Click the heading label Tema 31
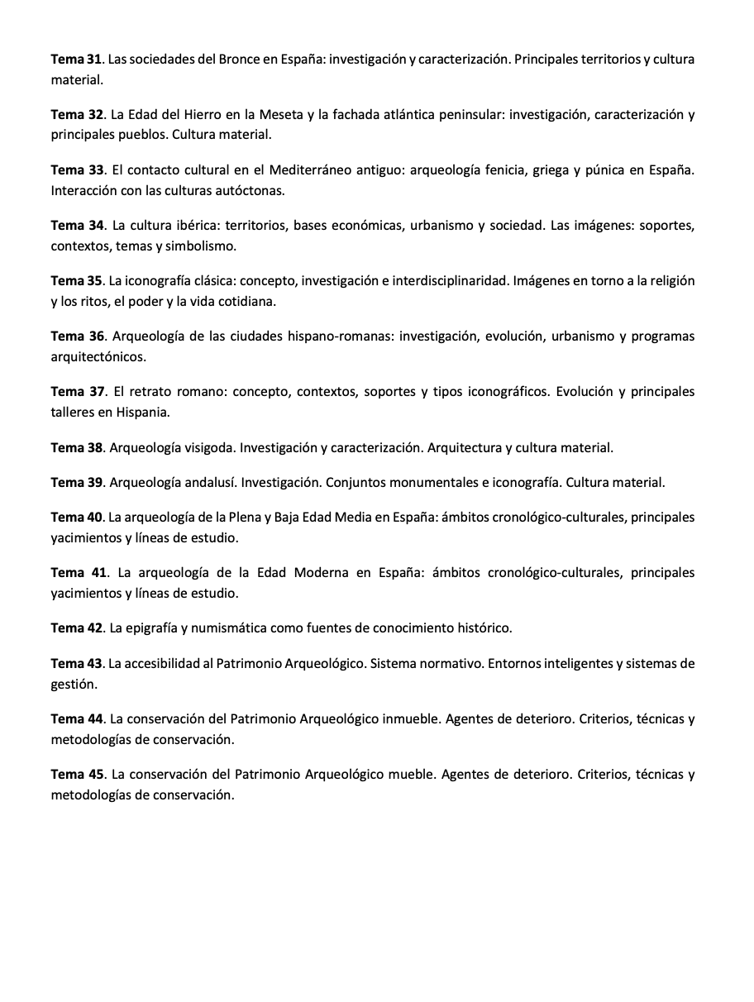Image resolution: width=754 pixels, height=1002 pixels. tap(75, 60)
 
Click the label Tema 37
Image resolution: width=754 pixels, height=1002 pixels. tap(76, 392)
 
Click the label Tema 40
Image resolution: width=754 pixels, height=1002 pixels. tap(76, 518)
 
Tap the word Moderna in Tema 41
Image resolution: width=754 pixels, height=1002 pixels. tap(322, 573)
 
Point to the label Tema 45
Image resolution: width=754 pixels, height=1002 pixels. tap(77, 775)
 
